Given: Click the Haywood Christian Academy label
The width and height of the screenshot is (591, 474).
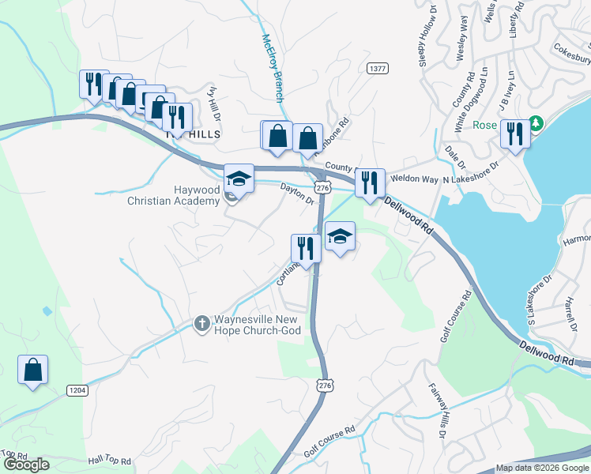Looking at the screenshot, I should [173, 195].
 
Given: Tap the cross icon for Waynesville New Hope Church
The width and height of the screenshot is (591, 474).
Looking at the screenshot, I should [201, 322].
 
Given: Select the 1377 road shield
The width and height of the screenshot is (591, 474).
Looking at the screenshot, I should [378, 70].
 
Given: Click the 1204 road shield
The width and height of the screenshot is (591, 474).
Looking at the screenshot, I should [77, 390].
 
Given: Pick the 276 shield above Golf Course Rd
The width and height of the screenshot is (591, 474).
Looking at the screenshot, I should [324, 384].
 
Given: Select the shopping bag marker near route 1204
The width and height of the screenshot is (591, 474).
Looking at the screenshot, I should [33, 370].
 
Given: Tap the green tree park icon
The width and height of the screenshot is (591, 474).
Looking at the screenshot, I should [536, 124].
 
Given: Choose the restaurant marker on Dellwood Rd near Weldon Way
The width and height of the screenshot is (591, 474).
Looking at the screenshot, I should [369, 183].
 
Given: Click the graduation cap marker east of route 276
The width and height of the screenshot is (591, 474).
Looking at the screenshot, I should [340, 236].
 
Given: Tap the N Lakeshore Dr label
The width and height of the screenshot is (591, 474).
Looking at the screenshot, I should [472, 174].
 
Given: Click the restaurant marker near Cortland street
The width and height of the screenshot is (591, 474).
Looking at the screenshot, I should [305, 249].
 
